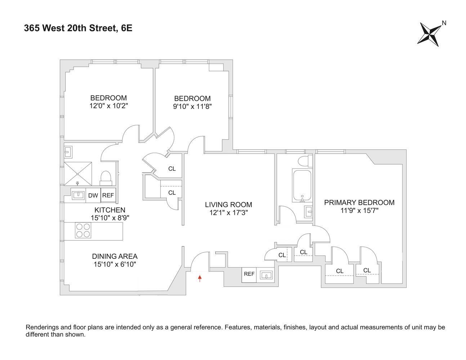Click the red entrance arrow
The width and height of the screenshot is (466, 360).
200,278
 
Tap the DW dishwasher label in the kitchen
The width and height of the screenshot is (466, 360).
93,195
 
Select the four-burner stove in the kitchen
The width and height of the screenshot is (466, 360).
83,231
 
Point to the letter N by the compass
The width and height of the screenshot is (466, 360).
444,23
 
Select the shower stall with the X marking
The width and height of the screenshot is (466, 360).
78,174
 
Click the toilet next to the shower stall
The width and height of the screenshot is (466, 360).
106,177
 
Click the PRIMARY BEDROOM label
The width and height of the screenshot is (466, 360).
359,203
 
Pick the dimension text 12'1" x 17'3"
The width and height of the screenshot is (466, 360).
228,213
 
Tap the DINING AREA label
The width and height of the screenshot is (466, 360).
115,256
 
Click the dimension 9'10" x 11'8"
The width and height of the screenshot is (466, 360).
192,107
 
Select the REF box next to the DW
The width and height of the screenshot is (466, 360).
108,195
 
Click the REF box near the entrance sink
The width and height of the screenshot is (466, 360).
249,274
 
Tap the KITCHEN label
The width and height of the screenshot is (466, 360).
110,210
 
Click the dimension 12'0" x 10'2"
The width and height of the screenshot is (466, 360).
108,106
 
